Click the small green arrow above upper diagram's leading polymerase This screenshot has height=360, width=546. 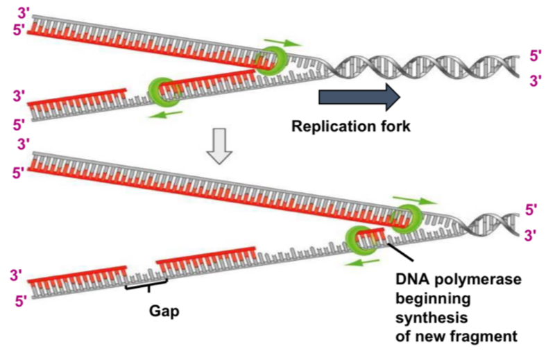[279, 42]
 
